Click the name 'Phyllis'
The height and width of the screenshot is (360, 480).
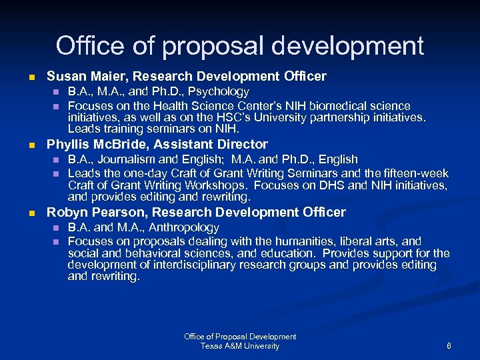(x=67, y=144)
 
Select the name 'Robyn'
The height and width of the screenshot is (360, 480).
(x=64, y=213)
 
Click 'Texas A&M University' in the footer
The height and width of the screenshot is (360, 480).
(x=240, y=346)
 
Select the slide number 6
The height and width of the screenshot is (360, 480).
(x=449, y=346)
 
